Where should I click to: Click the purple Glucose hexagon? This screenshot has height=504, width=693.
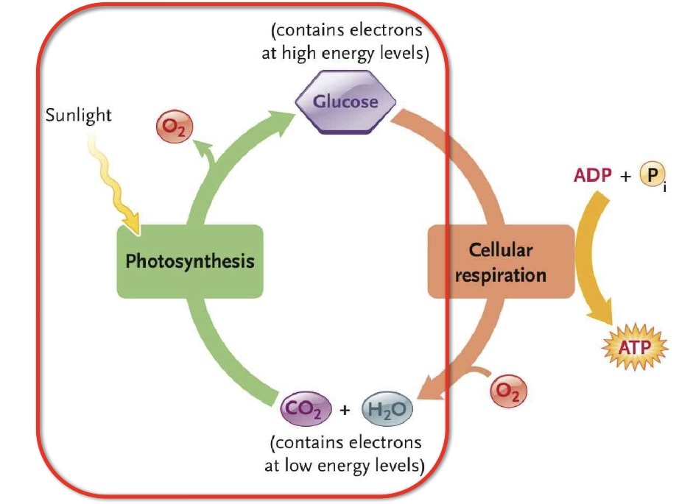tap(346, 102)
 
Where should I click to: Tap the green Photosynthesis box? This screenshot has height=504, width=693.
tap(189, 261)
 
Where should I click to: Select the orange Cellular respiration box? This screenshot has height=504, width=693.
tap(500, 262)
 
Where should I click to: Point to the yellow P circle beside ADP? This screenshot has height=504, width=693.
tap(650, 177)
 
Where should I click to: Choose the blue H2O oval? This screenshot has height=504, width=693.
tap(387, 408)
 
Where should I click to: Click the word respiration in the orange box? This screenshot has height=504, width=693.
tap(500, 276)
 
